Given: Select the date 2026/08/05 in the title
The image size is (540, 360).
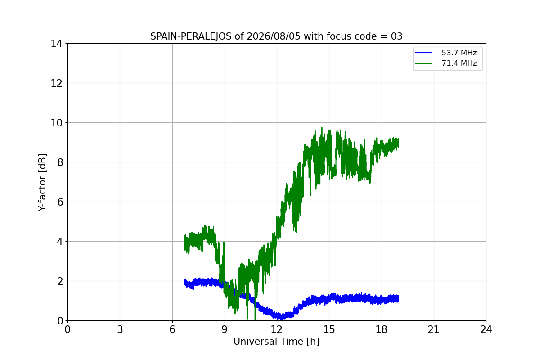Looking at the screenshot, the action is pyautogui.click(x=274, y=36).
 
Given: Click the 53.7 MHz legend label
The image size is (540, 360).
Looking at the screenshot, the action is pyautogui.click(x=459, y=53).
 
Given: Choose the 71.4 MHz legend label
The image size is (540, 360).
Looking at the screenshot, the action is pyautogui.click(x=459, y=63).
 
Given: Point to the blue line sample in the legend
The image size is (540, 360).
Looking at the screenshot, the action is pyautogui.click(x=423, y=53).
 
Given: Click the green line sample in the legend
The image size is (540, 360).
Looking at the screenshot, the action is pyautogui.click(x=423, y=63).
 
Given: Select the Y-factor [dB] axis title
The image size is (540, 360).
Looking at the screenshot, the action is pyautogui.click(x=42, y=183).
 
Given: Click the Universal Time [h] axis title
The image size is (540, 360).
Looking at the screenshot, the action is pyautogui.click(x=276, y=342).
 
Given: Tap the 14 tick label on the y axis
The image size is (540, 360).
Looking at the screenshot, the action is pyautogui.click(x=56, y=44).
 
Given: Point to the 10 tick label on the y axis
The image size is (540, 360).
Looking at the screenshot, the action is pyautogui.click(x=56, y=123).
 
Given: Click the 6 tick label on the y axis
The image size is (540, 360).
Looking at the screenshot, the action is pyautogui.click(x=60, y=202).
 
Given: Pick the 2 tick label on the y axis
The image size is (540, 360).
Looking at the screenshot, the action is pyautogui.click(x=60, y=281).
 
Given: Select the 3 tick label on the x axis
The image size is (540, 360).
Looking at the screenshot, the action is pyautogui.click(x=120, y=329).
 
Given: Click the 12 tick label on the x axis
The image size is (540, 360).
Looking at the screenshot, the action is pyautogui.click(x=277, y=329).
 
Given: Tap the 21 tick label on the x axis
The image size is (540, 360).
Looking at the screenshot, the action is pyautogui.click(x=434, y=329).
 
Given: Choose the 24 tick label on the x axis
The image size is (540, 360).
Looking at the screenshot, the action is pyautogui.click(x=486, y=329).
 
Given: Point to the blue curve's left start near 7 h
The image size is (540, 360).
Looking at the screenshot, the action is pyautogui.click(x=185, y=283).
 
